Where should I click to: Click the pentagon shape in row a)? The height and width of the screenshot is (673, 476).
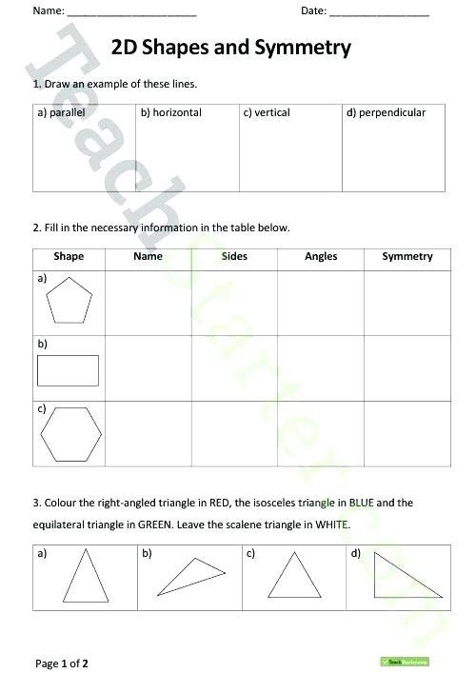click(69, 303)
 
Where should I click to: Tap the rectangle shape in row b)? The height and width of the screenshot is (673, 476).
click(68, 370)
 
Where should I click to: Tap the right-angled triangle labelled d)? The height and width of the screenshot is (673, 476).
click(397, 577)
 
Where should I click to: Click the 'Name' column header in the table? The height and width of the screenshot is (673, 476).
click(148, 256)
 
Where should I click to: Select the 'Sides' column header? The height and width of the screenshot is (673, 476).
click(234, 256)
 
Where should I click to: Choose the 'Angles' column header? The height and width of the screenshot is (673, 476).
click(321, 256)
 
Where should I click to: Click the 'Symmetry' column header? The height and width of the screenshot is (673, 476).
click(407, 256)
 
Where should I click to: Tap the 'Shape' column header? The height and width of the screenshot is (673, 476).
click(69, 256)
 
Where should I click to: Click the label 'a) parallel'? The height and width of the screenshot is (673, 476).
click(62, 112)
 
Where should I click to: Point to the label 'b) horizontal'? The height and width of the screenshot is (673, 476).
click(171, 112)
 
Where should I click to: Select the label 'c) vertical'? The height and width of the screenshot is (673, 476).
click(267, 112)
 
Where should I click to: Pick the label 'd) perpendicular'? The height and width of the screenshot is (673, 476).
click(386, 112)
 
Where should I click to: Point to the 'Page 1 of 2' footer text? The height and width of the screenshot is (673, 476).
click(63, 662)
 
